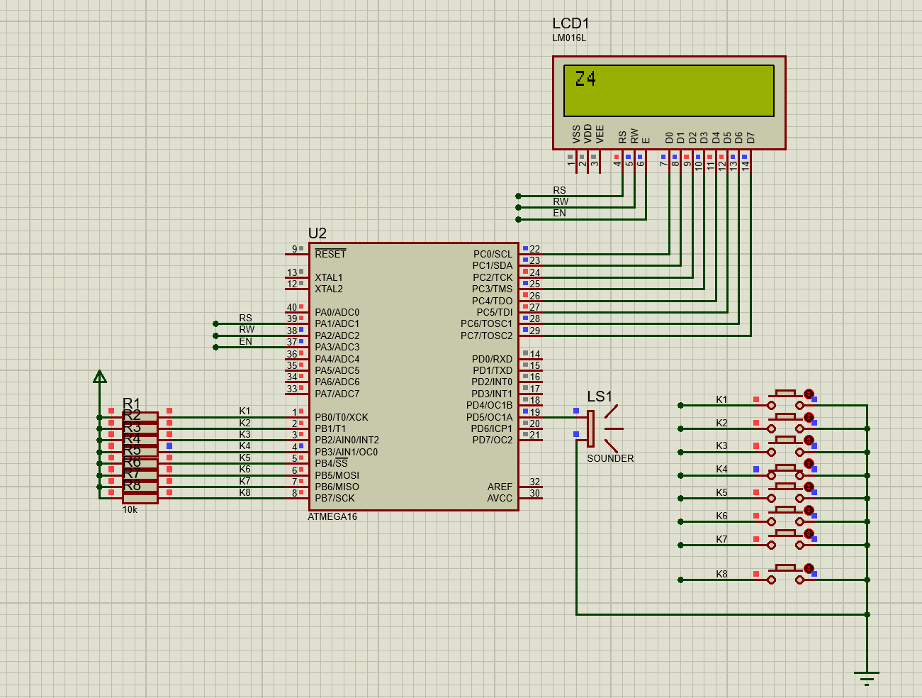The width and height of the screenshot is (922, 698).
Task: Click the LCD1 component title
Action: (570, 23)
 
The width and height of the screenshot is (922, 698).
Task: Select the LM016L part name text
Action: (569, 38)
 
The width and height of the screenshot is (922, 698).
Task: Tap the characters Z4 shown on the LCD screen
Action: (585, 79)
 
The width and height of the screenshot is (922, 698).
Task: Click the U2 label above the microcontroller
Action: (317, 233)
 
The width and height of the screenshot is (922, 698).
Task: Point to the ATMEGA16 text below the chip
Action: (332, 516)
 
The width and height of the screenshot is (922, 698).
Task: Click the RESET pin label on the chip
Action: (330, 254)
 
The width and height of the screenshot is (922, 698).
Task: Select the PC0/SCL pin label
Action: (493, 254)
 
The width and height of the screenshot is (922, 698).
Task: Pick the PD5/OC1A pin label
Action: (489, 417)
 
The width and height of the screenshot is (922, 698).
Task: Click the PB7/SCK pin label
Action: (334, 498)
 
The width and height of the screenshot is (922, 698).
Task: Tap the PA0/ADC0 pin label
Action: (337, 312)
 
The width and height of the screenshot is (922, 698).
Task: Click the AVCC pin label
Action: (500, 498)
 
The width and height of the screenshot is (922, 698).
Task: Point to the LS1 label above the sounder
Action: (599, 397)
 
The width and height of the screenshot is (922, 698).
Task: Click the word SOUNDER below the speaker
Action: (610, 458)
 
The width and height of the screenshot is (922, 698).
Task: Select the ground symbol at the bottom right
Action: (867, 677)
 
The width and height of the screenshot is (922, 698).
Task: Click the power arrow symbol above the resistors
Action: (100, 377)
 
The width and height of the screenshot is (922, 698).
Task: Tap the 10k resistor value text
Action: (130, 509)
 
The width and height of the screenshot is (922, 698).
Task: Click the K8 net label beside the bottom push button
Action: (721, 574)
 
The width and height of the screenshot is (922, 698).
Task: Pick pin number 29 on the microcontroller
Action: (535, 331)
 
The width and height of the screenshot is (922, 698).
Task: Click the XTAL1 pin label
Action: (328, 277)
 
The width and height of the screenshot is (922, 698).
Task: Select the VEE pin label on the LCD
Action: (600, 134)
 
